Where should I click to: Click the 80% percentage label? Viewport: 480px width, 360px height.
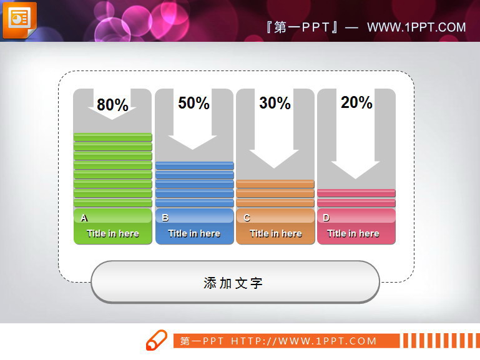(x=112, y=105)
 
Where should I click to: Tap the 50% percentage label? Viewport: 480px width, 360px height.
(x=193, y=103)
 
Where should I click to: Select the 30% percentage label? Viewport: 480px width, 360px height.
(x=275, y=103)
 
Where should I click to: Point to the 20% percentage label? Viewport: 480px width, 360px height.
(x=356, y=102)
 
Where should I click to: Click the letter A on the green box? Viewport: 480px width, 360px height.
(x=84, y=218)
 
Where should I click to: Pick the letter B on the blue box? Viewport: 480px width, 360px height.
(x=165, y=218)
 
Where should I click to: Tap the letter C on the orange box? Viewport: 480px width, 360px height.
(x=247, y=218)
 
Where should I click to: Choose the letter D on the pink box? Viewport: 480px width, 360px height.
(x=326, y=218)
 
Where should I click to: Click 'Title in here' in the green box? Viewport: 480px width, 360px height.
(x=112, y=233)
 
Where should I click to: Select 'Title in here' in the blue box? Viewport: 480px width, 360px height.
(x=194, y=233)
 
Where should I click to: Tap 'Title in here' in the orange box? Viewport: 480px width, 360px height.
(x=275, y=233)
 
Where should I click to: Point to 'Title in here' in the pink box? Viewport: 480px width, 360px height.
(x=353, y=233)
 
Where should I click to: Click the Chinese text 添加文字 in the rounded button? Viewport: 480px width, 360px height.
(x=233, y=283)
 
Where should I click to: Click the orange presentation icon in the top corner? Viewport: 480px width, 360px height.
(x=19, y=19)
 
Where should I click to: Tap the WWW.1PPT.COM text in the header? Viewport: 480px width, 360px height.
(x=416, y=27)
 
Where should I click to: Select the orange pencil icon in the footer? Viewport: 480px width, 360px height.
(x=156, y=341)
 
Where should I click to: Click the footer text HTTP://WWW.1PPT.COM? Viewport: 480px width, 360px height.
(x=304, y=341)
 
